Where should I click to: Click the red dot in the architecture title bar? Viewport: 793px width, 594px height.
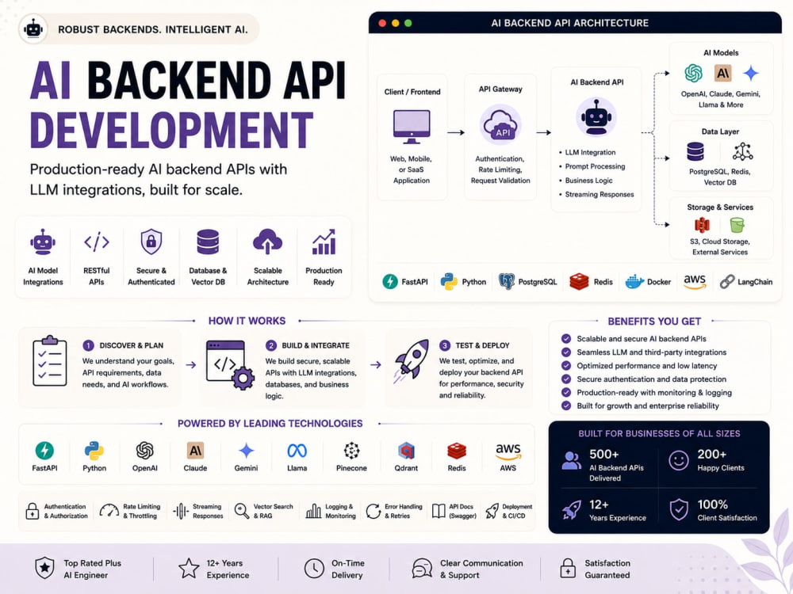382,23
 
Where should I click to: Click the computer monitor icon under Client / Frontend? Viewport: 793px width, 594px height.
412,127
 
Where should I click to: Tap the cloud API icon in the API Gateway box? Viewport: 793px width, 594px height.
500,125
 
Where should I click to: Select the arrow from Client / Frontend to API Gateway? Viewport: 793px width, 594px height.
456,132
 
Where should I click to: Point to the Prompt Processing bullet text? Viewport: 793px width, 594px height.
595,166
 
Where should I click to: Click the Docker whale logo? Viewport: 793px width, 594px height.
634,281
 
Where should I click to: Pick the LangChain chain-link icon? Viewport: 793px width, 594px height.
727,281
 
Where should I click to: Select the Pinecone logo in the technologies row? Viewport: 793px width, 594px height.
351,450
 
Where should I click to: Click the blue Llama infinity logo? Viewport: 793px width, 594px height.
297,450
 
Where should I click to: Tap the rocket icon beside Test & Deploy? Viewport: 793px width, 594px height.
412,360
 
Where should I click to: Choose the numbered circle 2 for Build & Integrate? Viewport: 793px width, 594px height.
271,345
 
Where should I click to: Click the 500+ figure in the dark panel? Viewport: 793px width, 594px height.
603,454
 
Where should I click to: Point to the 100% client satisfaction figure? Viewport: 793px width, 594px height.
713,504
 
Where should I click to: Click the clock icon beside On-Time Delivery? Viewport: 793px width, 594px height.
314,568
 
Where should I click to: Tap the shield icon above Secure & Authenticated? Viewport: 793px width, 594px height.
151,242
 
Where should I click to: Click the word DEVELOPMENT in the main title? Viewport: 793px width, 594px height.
171,130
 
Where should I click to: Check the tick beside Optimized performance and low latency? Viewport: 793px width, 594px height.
566,366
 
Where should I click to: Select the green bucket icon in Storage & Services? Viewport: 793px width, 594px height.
737,225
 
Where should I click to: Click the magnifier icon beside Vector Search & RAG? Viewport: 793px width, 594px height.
242,511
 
